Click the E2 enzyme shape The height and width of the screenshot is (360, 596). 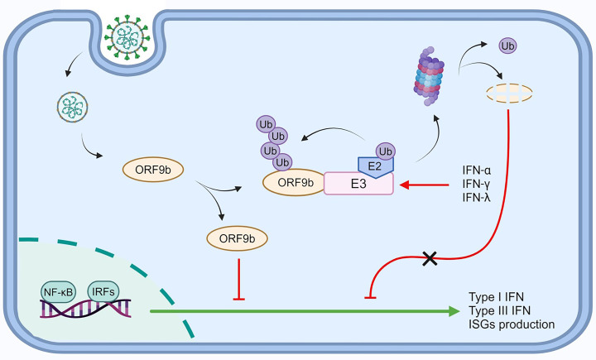point(376,166)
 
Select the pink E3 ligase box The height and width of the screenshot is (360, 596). point(358,184)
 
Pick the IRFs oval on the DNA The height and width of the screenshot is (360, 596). point(103,291)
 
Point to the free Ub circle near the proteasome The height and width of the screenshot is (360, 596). point(507,46)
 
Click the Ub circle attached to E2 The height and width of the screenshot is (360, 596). point(386,151)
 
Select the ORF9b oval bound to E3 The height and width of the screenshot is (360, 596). point(295,182)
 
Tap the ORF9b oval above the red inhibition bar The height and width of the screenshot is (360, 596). point(238,238)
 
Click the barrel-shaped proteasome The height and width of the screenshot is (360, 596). point(429,76)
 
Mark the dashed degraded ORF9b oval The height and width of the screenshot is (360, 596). point(509,94)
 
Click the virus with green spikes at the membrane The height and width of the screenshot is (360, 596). point(127,37)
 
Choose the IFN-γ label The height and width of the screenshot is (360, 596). point(476,184)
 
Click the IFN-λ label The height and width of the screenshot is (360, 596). point(476,197)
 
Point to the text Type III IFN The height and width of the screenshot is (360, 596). point(499,310)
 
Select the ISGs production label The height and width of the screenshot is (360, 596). point(512,324)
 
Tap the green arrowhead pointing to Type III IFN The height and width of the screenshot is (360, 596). point(454,311)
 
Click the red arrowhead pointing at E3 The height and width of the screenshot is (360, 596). point(405,185)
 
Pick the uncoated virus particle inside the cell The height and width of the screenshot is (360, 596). point(72,107)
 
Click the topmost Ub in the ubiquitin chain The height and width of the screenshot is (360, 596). point(266,124)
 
